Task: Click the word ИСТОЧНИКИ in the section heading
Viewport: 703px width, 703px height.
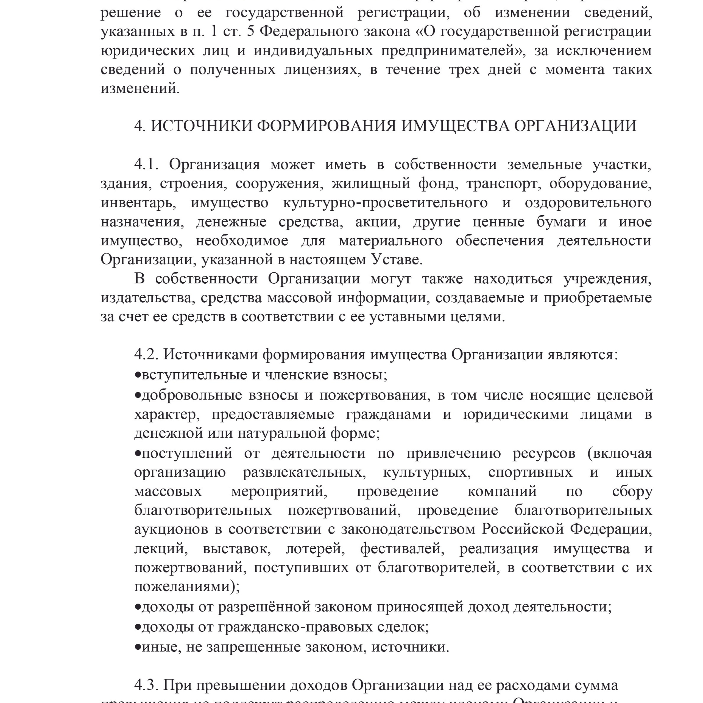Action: click(201, 126)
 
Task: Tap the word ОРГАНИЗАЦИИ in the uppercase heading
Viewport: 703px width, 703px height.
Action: click(575, 126)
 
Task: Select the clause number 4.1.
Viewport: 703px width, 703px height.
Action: click(146, 164)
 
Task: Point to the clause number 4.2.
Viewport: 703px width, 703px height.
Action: click(146, 355)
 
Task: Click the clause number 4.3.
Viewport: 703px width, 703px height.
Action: click(146, 685)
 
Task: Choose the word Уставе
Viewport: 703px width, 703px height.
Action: click(397, 260)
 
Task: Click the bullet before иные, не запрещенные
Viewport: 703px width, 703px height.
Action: click(138, 647)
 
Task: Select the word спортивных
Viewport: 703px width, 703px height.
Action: click(530, 472)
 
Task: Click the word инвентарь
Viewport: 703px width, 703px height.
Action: click(138, 203)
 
